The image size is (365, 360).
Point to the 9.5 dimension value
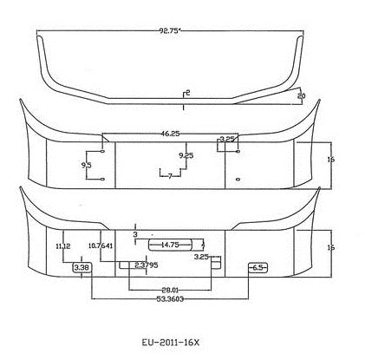click(x=87, y=164)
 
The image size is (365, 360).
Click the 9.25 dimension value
click(x=186, y=155)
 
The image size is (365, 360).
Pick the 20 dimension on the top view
click(x=301, y=95)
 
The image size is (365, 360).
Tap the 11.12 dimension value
click(x=62, y=246)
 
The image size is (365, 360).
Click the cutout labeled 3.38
click(x=82, y=269)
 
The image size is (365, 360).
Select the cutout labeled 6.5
click(x=257, y=268)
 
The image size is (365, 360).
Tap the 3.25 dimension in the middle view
click(x=227, y=139)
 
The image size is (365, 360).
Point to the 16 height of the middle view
click(x=330, y=159)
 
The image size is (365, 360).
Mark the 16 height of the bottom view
click(x=330, y=248)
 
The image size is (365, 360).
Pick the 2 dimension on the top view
click(x=187, y=91)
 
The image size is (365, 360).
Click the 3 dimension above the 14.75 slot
click(x=135, y=234)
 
